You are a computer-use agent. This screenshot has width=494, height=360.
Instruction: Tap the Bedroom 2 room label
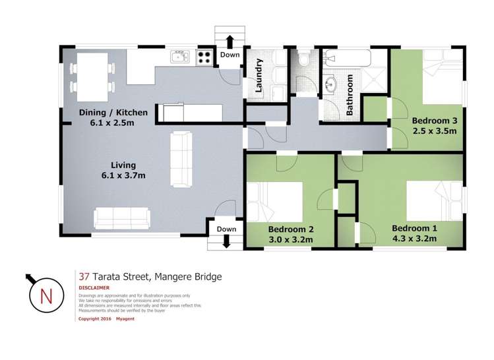291,234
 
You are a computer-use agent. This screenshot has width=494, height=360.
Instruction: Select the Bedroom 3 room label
435,125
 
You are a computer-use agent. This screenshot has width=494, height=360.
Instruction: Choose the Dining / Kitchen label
109,117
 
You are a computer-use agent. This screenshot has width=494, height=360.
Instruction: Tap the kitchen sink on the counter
180,57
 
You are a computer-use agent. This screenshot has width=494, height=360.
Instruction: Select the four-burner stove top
204,57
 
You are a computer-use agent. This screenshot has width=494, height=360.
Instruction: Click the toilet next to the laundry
304,61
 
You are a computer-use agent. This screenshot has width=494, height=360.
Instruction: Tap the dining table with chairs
92,71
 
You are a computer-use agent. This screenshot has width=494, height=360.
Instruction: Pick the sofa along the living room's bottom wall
122,217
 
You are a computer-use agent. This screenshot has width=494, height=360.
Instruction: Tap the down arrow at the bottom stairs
226,242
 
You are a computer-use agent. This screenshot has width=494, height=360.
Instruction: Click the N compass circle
46,295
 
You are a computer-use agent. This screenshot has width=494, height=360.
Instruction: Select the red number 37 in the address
84,277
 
